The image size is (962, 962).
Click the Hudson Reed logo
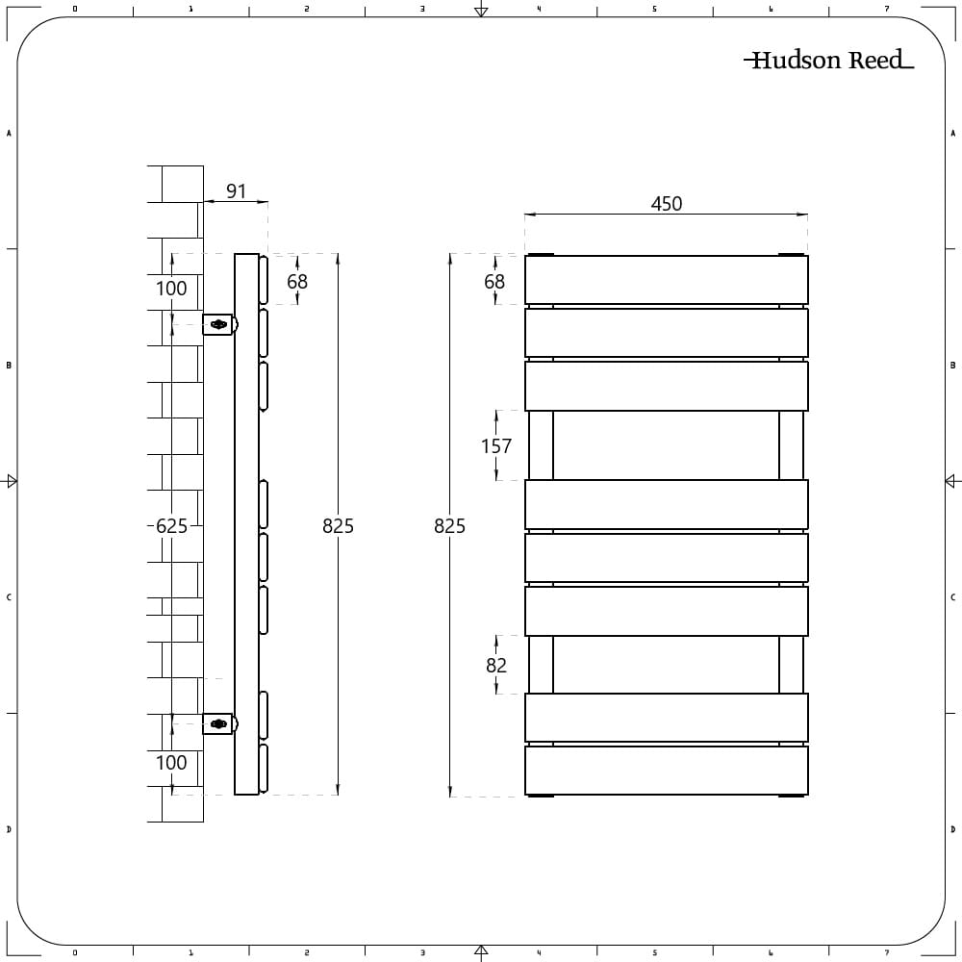(x=829, y=60)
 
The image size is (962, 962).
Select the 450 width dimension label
(x=667, y=204)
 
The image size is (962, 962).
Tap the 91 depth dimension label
(x=237, y=190)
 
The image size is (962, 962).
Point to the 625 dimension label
(x=171, y=526)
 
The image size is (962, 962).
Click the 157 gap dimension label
(x=496, y=446)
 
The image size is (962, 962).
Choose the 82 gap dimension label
(x=496, y=665)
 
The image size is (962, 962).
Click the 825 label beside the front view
(x=449, y=526)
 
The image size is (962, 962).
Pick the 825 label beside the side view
(x=338, y=526)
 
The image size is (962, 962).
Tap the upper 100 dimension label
(x=171, y=289)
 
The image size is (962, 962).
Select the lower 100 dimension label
(x=171, y=763)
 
